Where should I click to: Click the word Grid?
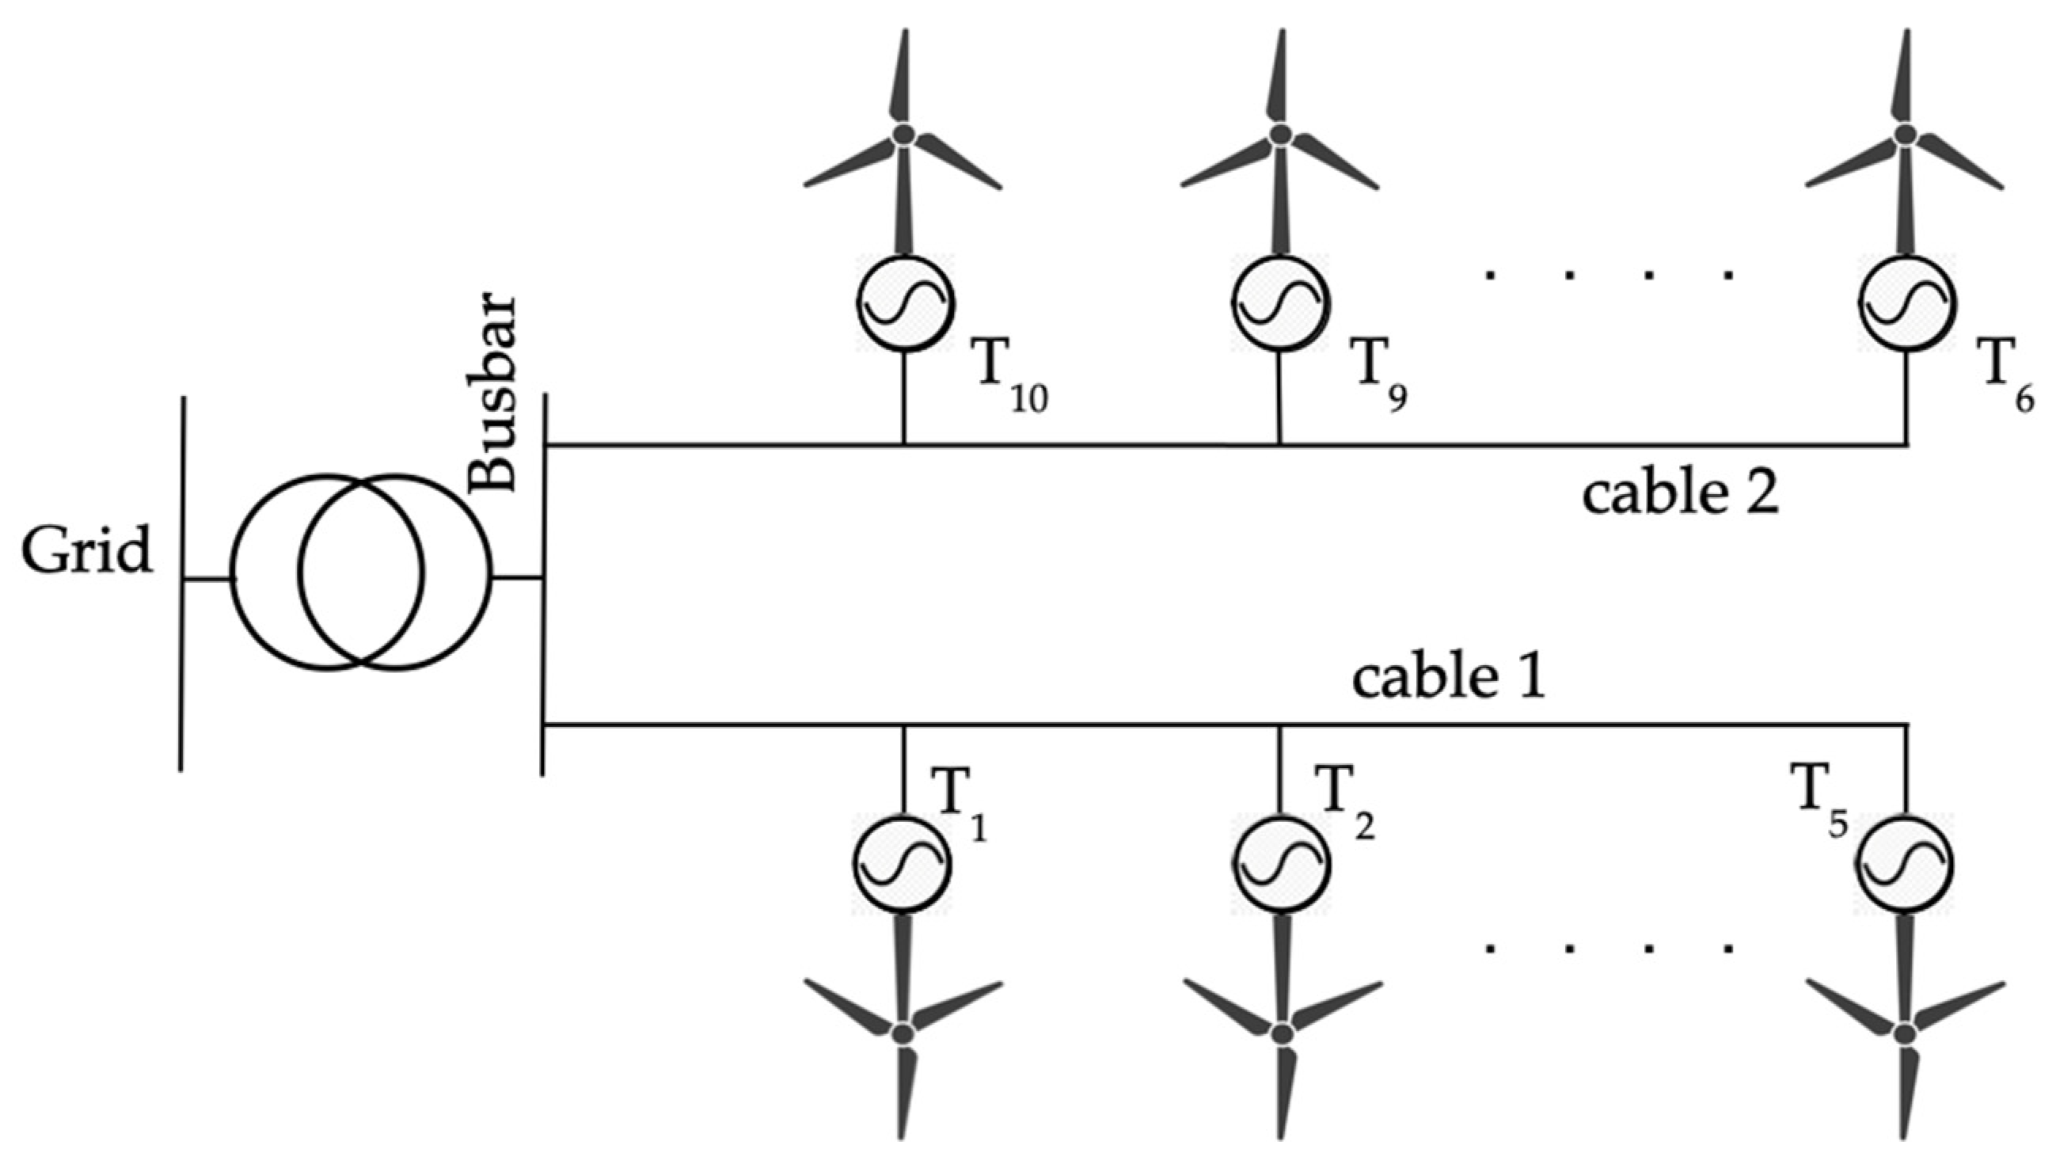pos(86,552)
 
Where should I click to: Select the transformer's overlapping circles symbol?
pos(360,573)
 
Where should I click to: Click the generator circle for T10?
pos(905,302)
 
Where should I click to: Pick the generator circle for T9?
pos(1280,302)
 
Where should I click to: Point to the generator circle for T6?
pos(1907,302)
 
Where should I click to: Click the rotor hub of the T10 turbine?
pos(904,134)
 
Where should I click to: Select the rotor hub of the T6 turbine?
pos(1906,134)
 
